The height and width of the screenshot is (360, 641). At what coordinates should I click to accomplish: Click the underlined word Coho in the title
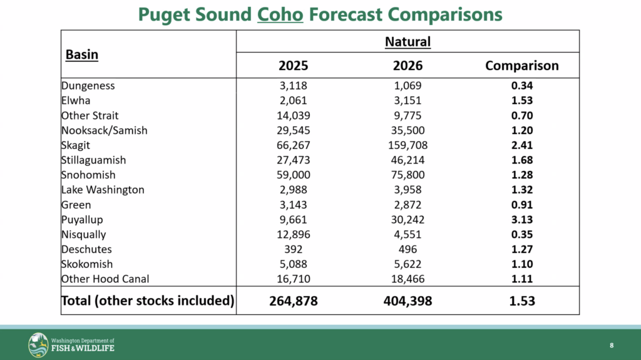280,14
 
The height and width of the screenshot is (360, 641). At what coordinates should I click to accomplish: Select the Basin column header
82,54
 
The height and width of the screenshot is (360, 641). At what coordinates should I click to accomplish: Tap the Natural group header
408,42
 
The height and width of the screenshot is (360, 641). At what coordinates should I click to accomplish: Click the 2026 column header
408,66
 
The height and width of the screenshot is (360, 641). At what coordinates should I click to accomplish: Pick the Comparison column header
522,66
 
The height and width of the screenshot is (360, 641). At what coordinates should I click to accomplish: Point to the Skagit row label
76,145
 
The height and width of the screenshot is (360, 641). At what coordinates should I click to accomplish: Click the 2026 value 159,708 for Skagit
408,145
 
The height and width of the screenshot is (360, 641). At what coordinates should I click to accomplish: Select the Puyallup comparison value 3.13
522,220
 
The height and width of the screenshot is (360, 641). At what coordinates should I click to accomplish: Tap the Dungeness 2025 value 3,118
293,86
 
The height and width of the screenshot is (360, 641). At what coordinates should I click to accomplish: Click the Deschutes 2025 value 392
293,249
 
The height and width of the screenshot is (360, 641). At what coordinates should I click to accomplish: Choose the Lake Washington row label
103,190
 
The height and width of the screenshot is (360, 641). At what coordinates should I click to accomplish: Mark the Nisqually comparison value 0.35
522,235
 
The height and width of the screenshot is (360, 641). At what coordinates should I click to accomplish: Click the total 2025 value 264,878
293,301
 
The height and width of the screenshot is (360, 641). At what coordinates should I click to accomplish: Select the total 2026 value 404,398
408,301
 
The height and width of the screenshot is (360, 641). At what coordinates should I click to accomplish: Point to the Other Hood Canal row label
105,279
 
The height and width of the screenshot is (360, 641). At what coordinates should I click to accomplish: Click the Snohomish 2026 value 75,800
408,175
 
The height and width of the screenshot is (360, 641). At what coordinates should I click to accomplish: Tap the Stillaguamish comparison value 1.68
522,160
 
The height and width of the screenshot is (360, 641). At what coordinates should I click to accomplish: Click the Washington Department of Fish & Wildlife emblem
39,345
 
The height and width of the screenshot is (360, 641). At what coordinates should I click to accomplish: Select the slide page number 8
612,346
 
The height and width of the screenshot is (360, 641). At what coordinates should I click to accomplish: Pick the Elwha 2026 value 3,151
408,101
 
